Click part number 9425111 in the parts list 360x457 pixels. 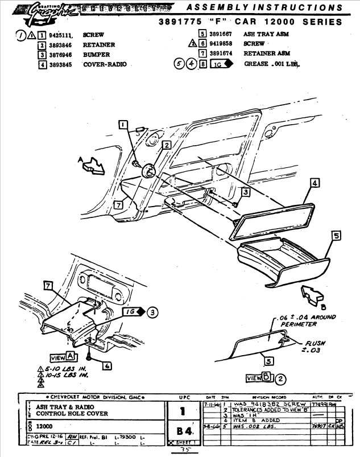(x=63, y=35)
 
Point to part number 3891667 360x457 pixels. (x=222, y=34)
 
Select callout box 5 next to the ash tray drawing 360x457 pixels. (x=336, y=235)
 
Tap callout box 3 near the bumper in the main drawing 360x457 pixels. (x=245, y=192)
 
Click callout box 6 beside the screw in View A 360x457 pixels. (x=107, y=366)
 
